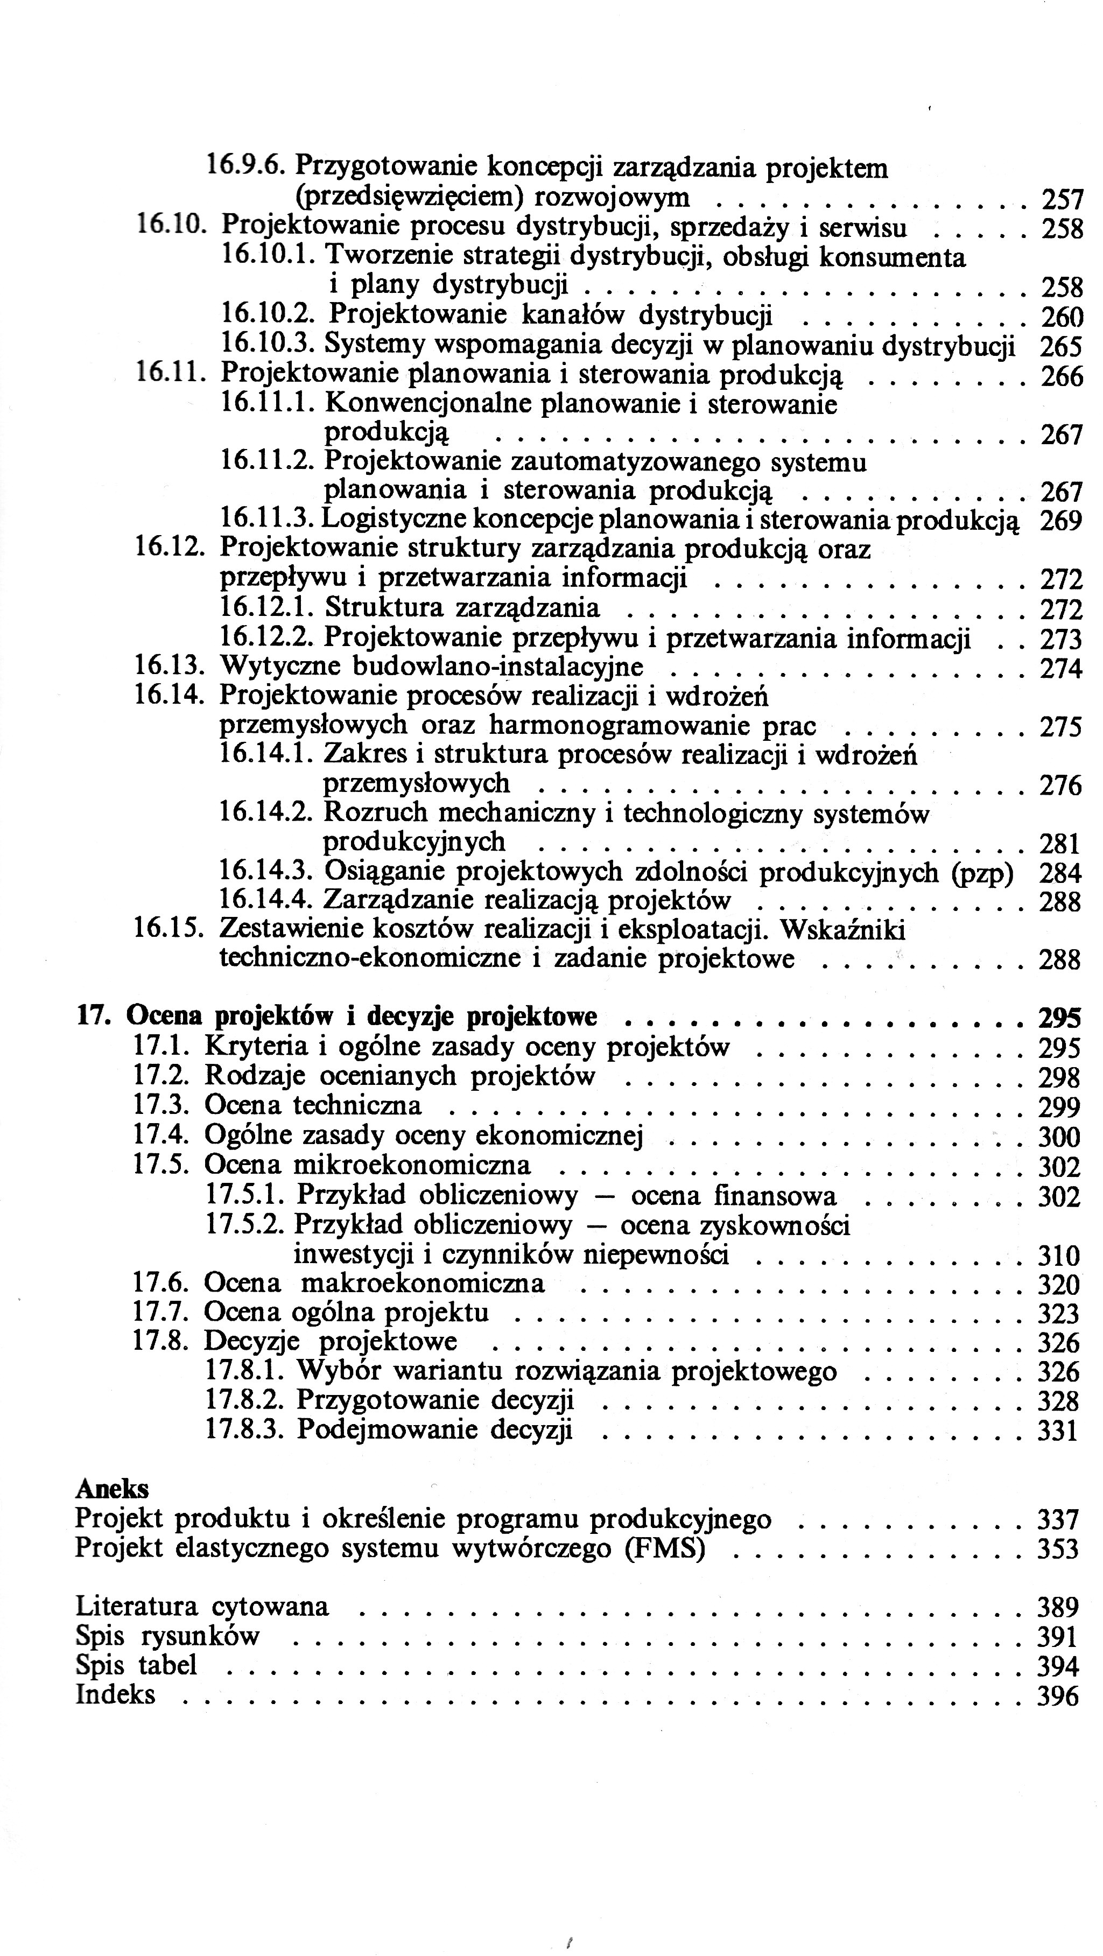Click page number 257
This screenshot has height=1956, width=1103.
(1061, 200)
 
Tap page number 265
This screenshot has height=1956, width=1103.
(1060, 347)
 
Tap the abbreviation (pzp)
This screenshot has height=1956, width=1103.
(982, 873)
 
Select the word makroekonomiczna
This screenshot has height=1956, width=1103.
(423, 1283)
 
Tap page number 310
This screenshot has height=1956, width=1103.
(1058, 1255)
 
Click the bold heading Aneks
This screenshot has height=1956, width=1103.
(113, 1489)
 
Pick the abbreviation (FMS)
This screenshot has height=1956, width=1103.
(665, 1547)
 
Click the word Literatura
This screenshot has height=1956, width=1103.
(137, 1607)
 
